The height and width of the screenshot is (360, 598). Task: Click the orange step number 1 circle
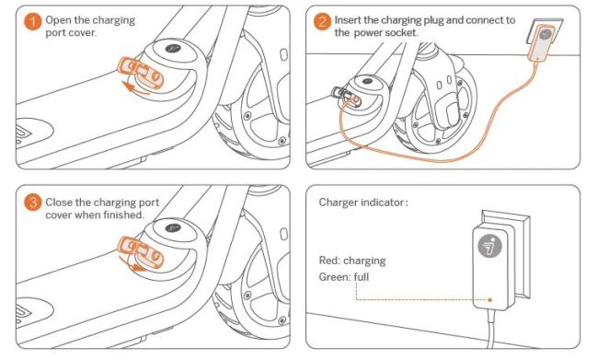click(x=33, y=22)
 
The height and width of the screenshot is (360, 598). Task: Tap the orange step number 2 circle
click(x=322, y=22)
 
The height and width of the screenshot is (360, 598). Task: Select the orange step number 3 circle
click(x=33, y=202)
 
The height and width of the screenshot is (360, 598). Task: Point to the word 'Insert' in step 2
click(x=348, y=20)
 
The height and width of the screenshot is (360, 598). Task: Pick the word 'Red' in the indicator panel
click(x=328, y=261)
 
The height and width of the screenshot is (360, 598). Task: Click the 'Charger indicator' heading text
click(x=363, y=202)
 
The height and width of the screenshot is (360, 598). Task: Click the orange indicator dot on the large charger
click(x=490, y=300)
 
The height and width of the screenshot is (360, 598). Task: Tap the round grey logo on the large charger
click(x=489, y=247)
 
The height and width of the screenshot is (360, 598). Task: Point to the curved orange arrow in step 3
click(x=132, y=264)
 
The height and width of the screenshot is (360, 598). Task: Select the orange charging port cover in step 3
click(x=141, y=251)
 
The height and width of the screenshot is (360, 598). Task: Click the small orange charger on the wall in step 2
click(x=541, y=42)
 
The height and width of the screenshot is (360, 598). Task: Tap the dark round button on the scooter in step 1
click(x=173, y=49)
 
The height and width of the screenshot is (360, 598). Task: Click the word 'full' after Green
click(x=362, y=277)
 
